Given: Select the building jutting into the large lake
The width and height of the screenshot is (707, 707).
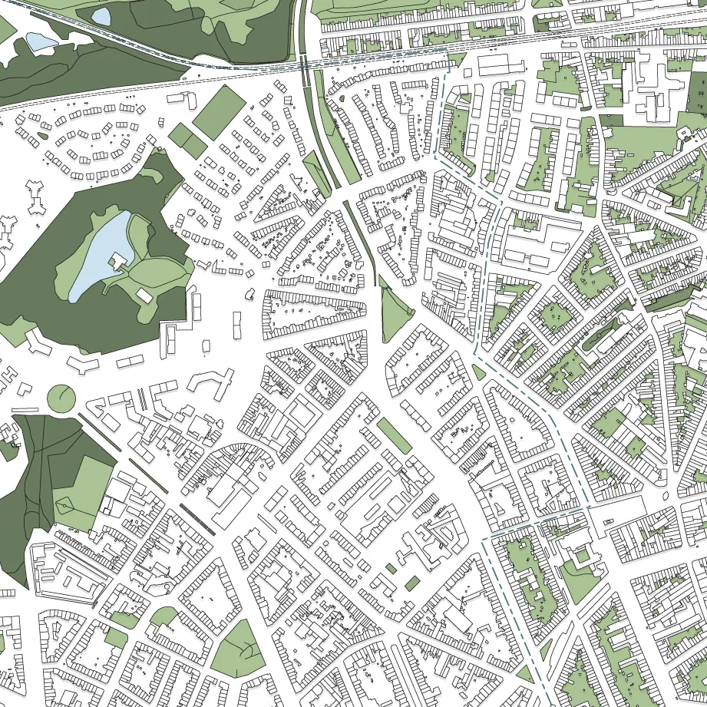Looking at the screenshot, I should click(119, 262).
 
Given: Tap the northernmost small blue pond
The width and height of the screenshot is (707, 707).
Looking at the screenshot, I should click(101, 15).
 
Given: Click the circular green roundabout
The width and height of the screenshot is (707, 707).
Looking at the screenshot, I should click(61, 398).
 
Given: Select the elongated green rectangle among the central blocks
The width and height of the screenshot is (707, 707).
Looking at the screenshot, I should click(394, 436).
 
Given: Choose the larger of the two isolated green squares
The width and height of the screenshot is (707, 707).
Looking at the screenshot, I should click(412, 583).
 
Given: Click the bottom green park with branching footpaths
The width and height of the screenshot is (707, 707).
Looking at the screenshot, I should click(240, 649).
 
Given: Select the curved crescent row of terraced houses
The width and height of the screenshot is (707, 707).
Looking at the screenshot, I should click(230, 453).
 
